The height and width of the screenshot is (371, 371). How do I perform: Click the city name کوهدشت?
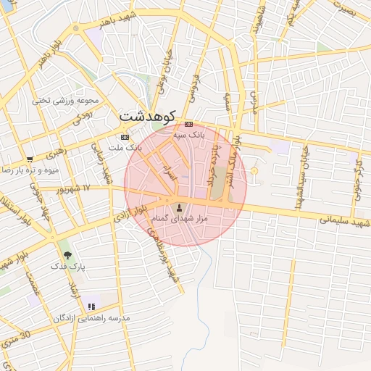(x=148, y=115)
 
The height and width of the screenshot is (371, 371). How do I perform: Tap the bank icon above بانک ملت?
(x=125, y=136)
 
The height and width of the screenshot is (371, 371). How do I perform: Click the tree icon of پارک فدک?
(x=67, y=255)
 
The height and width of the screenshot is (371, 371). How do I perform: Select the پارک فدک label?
(x=67, y=267)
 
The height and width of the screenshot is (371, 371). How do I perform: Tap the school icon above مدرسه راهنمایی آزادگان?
(x=91, y=307)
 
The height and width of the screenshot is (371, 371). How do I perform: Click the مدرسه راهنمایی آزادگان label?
(x=91, y=318)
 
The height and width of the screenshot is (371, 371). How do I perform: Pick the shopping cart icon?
(x=29, y=159)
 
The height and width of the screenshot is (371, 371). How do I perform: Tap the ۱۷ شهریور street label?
(x=76, y=189)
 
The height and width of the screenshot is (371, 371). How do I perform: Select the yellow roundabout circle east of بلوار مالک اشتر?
(x=254, y=171)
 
